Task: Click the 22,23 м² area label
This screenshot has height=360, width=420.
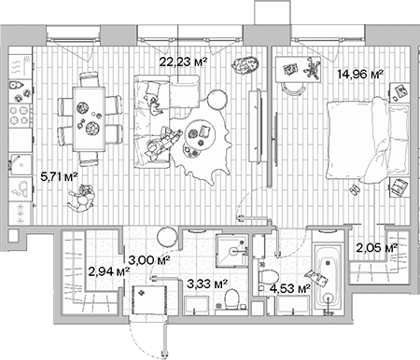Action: tap(183, 61)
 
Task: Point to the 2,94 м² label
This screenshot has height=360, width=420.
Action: tap(107, 271)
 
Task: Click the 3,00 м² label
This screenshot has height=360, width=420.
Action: tap(149, 259)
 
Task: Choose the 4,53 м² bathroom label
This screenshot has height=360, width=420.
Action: tap(289, 289)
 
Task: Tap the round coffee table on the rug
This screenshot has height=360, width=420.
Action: tap(199, 132)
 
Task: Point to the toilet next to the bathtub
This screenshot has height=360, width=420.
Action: tap(266, 278)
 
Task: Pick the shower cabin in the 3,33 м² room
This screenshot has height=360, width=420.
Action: tap(229, 245)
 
